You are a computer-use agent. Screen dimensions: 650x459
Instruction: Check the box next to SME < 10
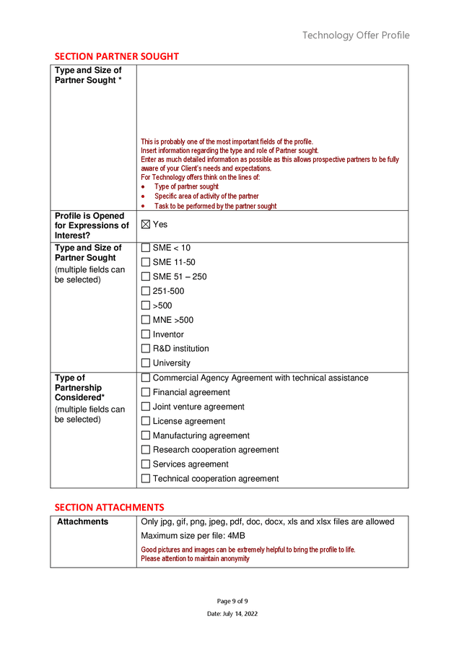[146, 248]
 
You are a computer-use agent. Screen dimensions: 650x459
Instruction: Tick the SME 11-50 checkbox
[146, 262]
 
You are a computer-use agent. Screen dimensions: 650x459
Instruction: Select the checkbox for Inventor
[146, 334]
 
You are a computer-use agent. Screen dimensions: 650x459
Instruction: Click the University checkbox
[146, 363]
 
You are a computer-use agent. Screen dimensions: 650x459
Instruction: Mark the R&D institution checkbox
[146, 349]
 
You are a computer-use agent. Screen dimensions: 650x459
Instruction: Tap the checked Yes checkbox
[146, 225]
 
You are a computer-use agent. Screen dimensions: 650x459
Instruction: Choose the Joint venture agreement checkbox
[146, 407]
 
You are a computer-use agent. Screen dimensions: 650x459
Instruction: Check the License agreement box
[146, 421]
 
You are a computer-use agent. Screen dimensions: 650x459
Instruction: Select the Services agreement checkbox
[146, 464]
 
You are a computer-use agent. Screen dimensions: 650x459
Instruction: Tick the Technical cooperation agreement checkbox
[146, 479]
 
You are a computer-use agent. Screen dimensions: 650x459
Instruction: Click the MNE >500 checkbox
[146, 320]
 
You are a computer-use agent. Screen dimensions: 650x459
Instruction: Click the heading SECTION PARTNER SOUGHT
[116, 56]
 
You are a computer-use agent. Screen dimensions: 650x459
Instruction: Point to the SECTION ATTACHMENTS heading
[109, 507]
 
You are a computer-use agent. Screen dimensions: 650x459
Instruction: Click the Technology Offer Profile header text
[355, 35]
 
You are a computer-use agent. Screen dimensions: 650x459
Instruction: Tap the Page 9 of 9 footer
[232, 601]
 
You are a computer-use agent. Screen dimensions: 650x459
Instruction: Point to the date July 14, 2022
[232, 614]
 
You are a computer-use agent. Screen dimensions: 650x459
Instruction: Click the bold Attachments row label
[82, 521]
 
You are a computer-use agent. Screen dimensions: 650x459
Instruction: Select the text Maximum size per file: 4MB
[193, 536]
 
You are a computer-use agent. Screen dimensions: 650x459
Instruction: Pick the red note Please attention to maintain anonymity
[195, 559]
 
